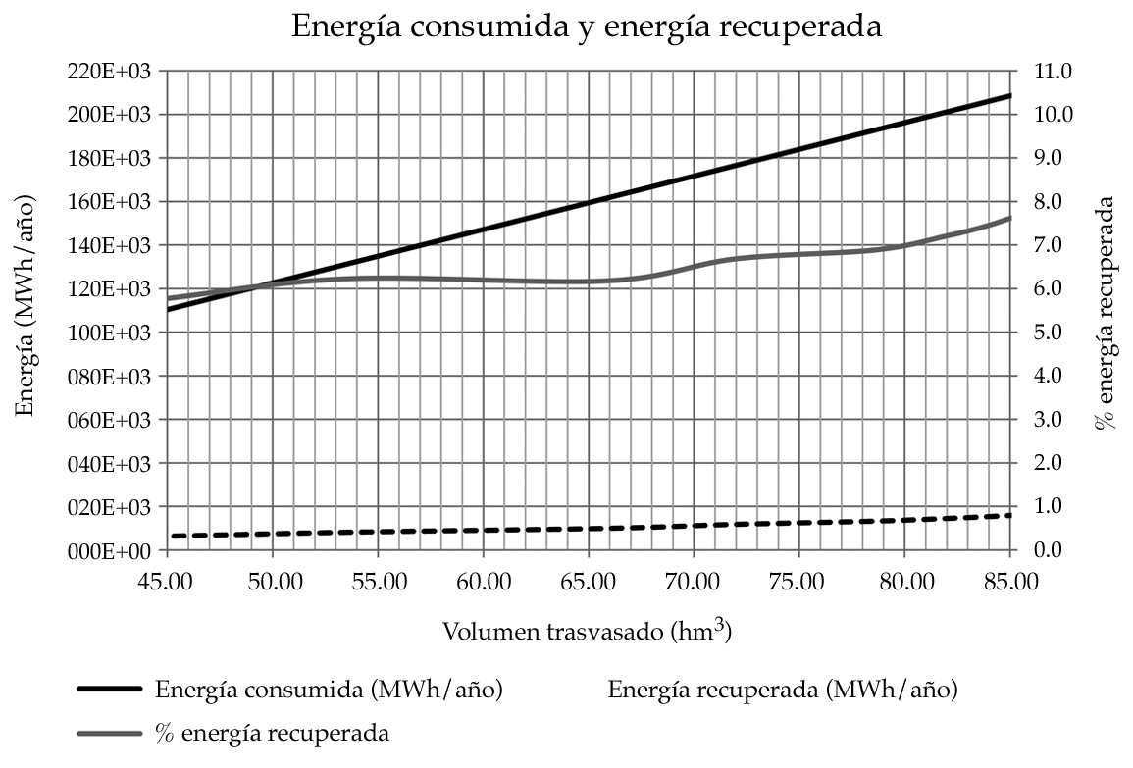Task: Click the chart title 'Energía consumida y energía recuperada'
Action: click(587, 26)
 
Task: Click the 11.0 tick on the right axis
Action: click(1049, 72)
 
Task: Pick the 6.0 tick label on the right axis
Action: click(1049, 289)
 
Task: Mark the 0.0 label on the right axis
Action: click(1049, 551)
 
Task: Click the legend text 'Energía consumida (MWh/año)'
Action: click(329, 690)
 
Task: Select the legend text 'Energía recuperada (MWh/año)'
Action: click(783, 690)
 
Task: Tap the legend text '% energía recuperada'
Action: click(273, 733)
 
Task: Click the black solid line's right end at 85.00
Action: click(1010, 95)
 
